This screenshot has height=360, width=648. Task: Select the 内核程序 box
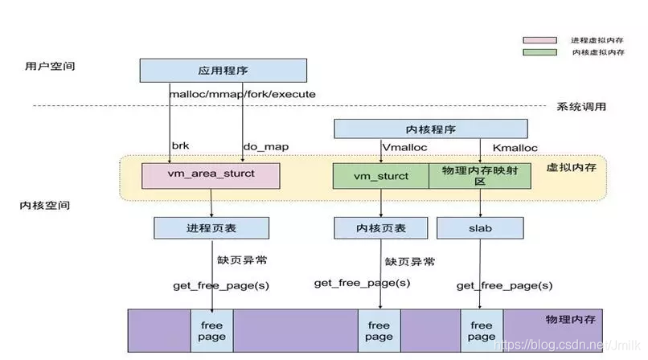(430, 129)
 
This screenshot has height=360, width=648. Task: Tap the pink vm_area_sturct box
(211, 176)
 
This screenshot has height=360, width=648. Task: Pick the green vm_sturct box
(381, 176)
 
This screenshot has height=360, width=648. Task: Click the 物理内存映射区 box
(478, 176)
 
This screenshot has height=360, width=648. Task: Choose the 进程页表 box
(211, 228)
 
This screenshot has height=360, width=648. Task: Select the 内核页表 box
(381, 228)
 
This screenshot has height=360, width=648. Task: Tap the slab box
(480, 228)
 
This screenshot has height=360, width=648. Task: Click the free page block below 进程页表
(212, 330)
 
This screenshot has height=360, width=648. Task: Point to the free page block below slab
(482, 330)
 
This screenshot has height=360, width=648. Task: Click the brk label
(180, 146)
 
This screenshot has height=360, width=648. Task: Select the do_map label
(265, 146)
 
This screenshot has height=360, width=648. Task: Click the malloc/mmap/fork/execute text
(242, 94)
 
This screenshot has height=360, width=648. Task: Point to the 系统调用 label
(580, 107)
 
